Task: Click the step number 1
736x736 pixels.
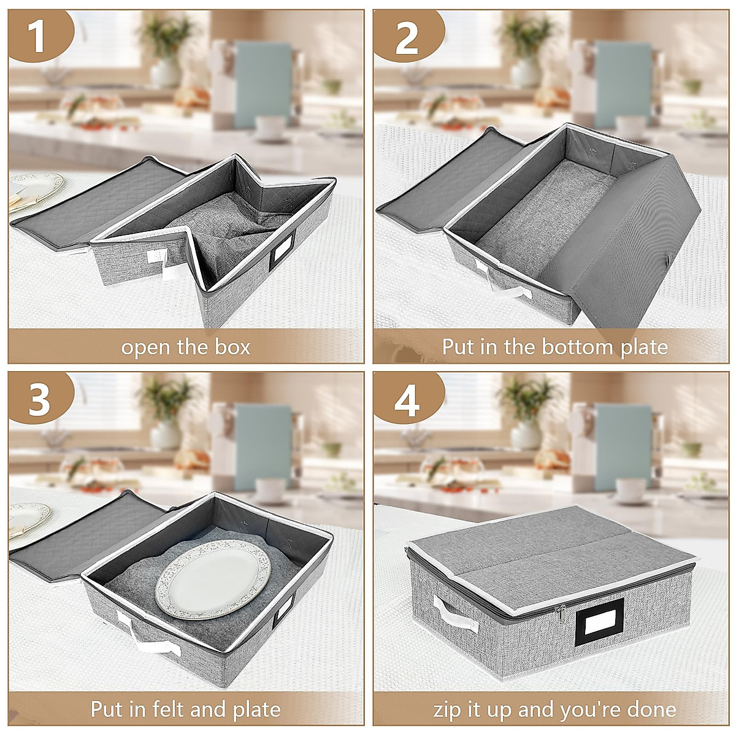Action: (x=39, y=36)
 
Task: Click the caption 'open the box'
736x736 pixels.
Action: (x=186, y=347)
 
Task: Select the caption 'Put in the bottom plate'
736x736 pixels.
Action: (x=554, y=347)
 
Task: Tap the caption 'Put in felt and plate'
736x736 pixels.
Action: (x=186, y=710)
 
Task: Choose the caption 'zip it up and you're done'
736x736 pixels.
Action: (x=554, y=710)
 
